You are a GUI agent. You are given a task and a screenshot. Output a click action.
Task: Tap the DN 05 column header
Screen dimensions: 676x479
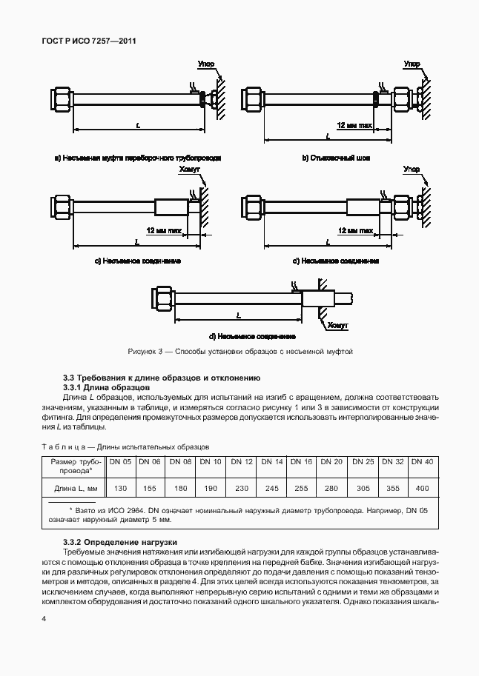point(121,462)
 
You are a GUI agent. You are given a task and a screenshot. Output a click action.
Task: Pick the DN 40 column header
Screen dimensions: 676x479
point(422,462)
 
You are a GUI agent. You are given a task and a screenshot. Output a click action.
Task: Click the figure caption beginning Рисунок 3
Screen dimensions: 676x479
point(239,352)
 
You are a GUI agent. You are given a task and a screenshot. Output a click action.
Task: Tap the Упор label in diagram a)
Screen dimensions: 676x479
point(206,65)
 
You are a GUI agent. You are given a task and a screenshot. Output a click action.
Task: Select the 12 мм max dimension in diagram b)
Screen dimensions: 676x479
point(354,127)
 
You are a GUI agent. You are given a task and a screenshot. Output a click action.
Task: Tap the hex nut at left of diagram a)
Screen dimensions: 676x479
point(60,97)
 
